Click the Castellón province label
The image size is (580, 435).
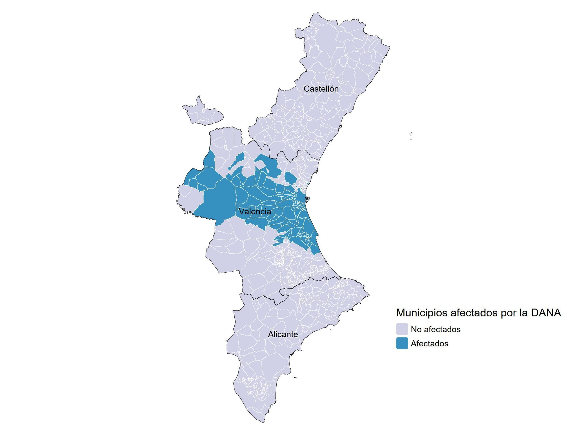pos(321,89)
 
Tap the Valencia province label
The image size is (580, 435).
pos(255,211)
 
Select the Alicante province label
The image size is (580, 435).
pos(283,334)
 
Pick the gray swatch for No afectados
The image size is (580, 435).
pos(402,329)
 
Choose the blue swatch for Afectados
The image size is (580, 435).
pos(402,343)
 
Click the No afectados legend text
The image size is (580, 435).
pos(436,329)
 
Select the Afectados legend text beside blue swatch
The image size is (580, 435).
pos(429,344)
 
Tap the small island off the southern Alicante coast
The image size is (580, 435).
pos(295,377)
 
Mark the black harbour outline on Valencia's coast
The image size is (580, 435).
pos(307,199)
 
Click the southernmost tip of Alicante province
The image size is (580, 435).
pos(263,421)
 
